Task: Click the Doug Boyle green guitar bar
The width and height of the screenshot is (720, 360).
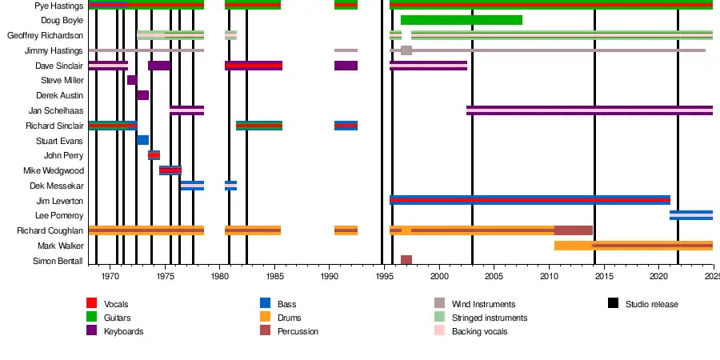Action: pyautogui.click(x=461, y=20)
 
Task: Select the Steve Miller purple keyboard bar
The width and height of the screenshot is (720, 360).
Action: pyautogui.click(x=132, y=80)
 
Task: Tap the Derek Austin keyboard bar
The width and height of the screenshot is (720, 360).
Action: pyautogui.click(x=142, y=95)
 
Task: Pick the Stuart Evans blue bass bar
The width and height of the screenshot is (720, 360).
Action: pyautogui.click(x=142, y=140)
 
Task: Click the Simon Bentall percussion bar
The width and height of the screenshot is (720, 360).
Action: pyautogui.click(x=406, y=260)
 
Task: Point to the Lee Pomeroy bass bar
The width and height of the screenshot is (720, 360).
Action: pyautogui.click(x=690, y=215)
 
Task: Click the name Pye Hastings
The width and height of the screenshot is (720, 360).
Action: pyautogui.click(x=58, y=6)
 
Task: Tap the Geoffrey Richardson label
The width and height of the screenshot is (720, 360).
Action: pyautogui.click(x=45, y=35)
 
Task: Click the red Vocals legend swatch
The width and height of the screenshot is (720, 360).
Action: pyautogui.click(x=91, y=303)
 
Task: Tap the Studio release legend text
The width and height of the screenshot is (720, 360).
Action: pyautogui.click(x=651, y=304)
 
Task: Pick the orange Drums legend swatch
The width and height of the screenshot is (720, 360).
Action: pyautogui.click(x=266, y=318)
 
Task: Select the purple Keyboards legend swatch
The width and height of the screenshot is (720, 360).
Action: pyautogui.click(x=91, y=330)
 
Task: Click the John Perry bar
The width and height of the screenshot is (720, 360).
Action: pyautogui.click(x=154, y=155)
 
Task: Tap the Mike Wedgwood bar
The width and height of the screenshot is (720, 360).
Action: pyautogui.click(x=170, y=170)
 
